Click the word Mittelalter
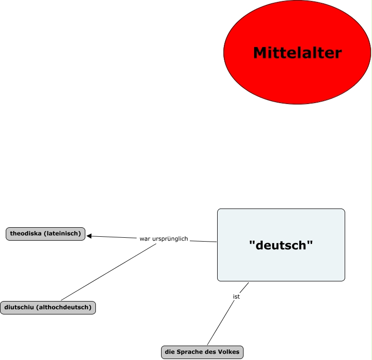point(297,53)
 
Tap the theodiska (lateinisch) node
point(46,233)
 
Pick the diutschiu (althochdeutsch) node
point(48,307)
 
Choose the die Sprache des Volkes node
point(202,352)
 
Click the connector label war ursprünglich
point(163,239)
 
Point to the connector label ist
point(236,297)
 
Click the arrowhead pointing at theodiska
point(89,236)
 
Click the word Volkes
point(229,352)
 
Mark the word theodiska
point(27,233)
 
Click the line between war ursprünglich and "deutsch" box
point(203,241)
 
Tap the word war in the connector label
point(144,239)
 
